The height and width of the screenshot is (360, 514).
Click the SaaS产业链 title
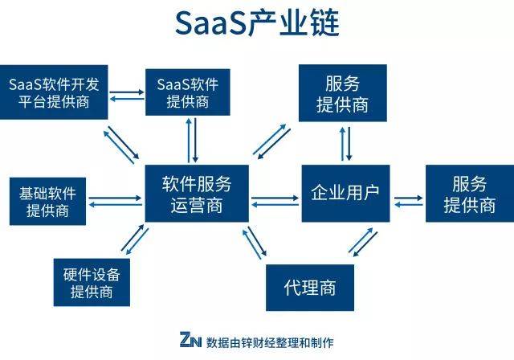257,24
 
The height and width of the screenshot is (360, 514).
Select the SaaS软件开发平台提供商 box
53,92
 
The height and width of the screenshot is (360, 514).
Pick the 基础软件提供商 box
47,202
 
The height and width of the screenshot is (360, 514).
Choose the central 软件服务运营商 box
197,194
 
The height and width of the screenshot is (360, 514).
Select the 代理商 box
309,287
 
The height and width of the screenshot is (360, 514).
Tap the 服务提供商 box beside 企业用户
470,194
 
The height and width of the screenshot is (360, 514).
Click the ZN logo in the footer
190,339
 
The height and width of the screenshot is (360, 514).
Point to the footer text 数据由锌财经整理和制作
269,340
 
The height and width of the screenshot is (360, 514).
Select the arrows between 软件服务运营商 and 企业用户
275,198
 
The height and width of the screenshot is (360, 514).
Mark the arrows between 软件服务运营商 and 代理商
256,243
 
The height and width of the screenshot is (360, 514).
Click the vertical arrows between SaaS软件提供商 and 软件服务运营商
193,140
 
